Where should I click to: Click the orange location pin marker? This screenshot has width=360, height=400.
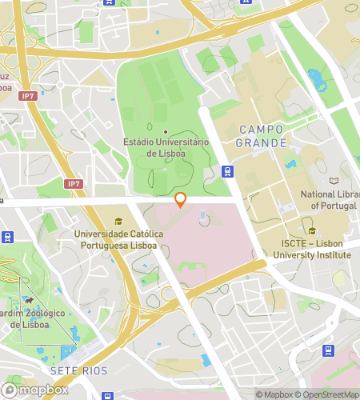181,200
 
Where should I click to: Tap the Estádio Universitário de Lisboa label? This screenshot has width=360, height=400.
166,147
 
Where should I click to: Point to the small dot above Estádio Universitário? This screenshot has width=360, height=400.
166,131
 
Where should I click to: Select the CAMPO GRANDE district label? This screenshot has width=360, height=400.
262,135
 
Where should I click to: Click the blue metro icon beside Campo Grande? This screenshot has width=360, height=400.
228,171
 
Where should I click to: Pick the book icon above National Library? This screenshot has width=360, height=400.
334,181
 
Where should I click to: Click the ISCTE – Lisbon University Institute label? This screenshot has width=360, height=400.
312,250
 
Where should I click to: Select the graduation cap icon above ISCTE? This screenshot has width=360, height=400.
312,231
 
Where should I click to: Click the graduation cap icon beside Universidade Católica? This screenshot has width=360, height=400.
119,222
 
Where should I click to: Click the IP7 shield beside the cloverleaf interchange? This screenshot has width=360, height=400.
29,96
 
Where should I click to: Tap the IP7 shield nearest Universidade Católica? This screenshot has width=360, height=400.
74,184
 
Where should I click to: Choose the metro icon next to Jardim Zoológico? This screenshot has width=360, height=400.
8,237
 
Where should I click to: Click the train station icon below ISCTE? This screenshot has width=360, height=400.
327,350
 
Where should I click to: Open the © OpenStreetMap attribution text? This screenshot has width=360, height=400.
330,394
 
